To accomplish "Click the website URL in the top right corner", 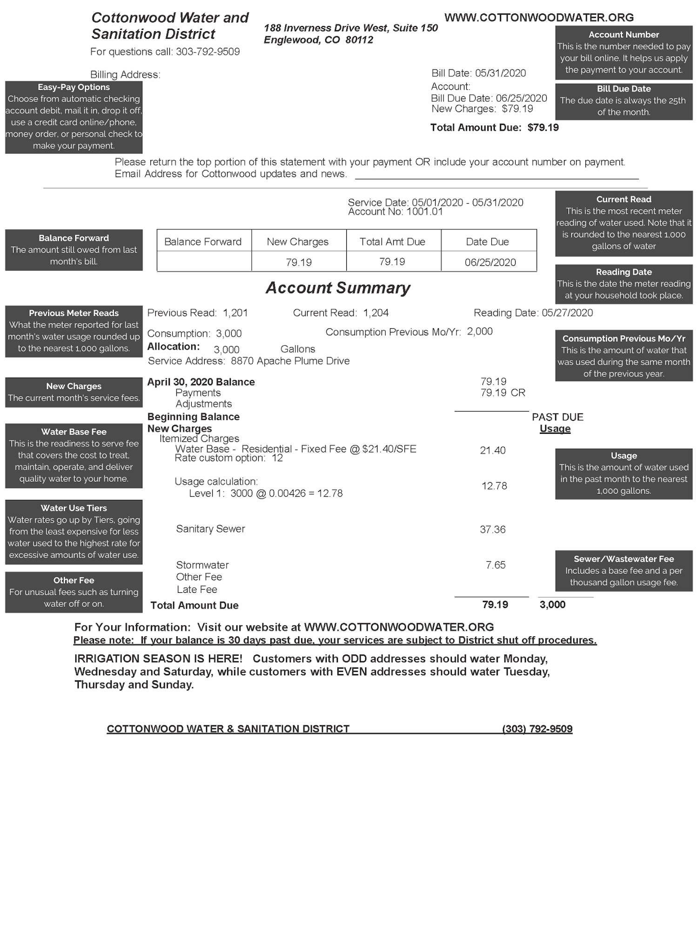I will [x=539, y=18].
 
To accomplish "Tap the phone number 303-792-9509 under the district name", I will [x=208, y=52].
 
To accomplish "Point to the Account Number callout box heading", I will [x=624, y=34].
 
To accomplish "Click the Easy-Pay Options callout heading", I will [x=74, y=87].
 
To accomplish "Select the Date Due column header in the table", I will [x=487, y=242].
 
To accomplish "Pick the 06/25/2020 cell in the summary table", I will [x=490, y=262].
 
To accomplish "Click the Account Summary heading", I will [x=338, y=288].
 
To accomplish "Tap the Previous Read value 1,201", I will [x=235, y=313].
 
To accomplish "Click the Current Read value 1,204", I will [x=376, y=313].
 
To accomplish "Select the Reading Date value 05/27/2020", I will [x=567, y=313].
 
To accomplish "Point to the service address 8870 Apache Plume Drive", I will [x=290, y=361].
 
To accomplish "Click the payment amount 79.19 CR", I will [x=503, y=393].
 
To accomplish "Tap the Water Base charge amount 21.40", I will [x=493, y=450].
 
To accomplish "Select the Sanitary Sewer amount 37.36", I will [x=493, y=529].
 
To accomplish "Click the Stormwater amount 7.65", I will [x=496, y=565].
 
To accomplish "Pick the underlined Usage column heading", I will [x=555, y=429].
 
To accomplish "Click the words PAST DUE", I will [x=557, y=417].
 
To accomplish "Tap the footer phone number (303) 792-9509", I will [x=537, y=729].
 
